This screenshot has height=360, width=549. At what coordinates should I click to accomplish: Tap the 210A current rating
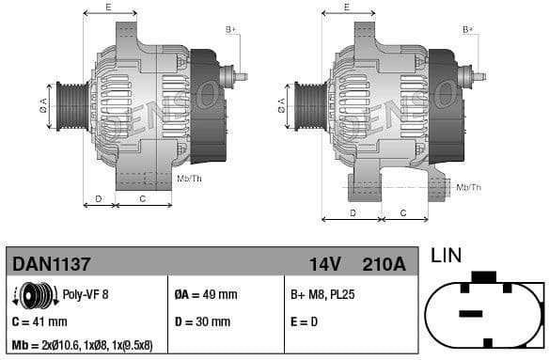click(384, 264)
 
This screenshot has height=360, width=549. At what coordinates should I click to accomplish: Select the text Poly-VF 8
click(85, 295)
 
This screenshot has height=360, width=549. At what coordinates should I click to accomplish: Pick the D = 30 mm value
click(201, 321)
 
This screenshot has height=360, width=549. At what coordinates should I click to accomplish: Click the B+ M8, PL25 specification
click(322, 295)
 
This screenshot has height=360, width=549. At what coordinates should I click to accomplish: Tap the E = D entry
click(305, 321)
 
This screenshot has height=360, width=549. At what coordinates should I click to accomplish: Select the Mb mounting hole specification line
click(82, 345)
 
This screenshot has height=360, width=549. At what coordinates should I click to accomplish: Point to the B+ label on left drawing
click(230, 30)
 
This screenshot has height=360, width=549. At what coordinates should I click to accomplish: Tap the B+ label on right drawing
click(468, 30)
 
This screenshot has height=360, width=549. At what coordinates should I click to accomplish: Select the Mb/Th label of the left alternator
click(189, 178)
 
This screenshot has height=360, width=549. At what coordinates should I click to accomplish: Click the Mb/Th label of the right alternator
click(468, 188)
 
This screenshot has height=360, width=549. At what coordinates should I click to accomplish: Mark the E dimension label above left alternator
click(108, 8)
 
